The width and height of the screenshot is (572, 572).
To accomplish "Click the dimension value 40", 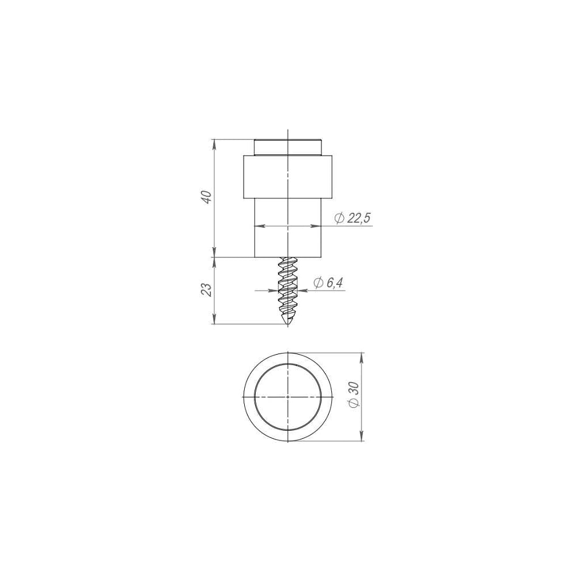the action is click(x=207, y=197).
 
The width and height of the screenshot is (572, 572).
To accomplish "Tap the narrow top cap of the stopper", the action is click(x=288, y=148).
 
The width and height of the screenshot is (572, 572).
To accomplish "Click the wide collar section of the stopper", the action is click(x=288, y=177).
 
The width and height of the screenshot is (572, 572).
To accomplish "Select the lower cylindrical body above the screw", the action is click(x=288, y=228).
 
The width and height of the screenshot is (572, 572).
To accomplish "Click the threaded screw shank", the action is click(x=288, y=291).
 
